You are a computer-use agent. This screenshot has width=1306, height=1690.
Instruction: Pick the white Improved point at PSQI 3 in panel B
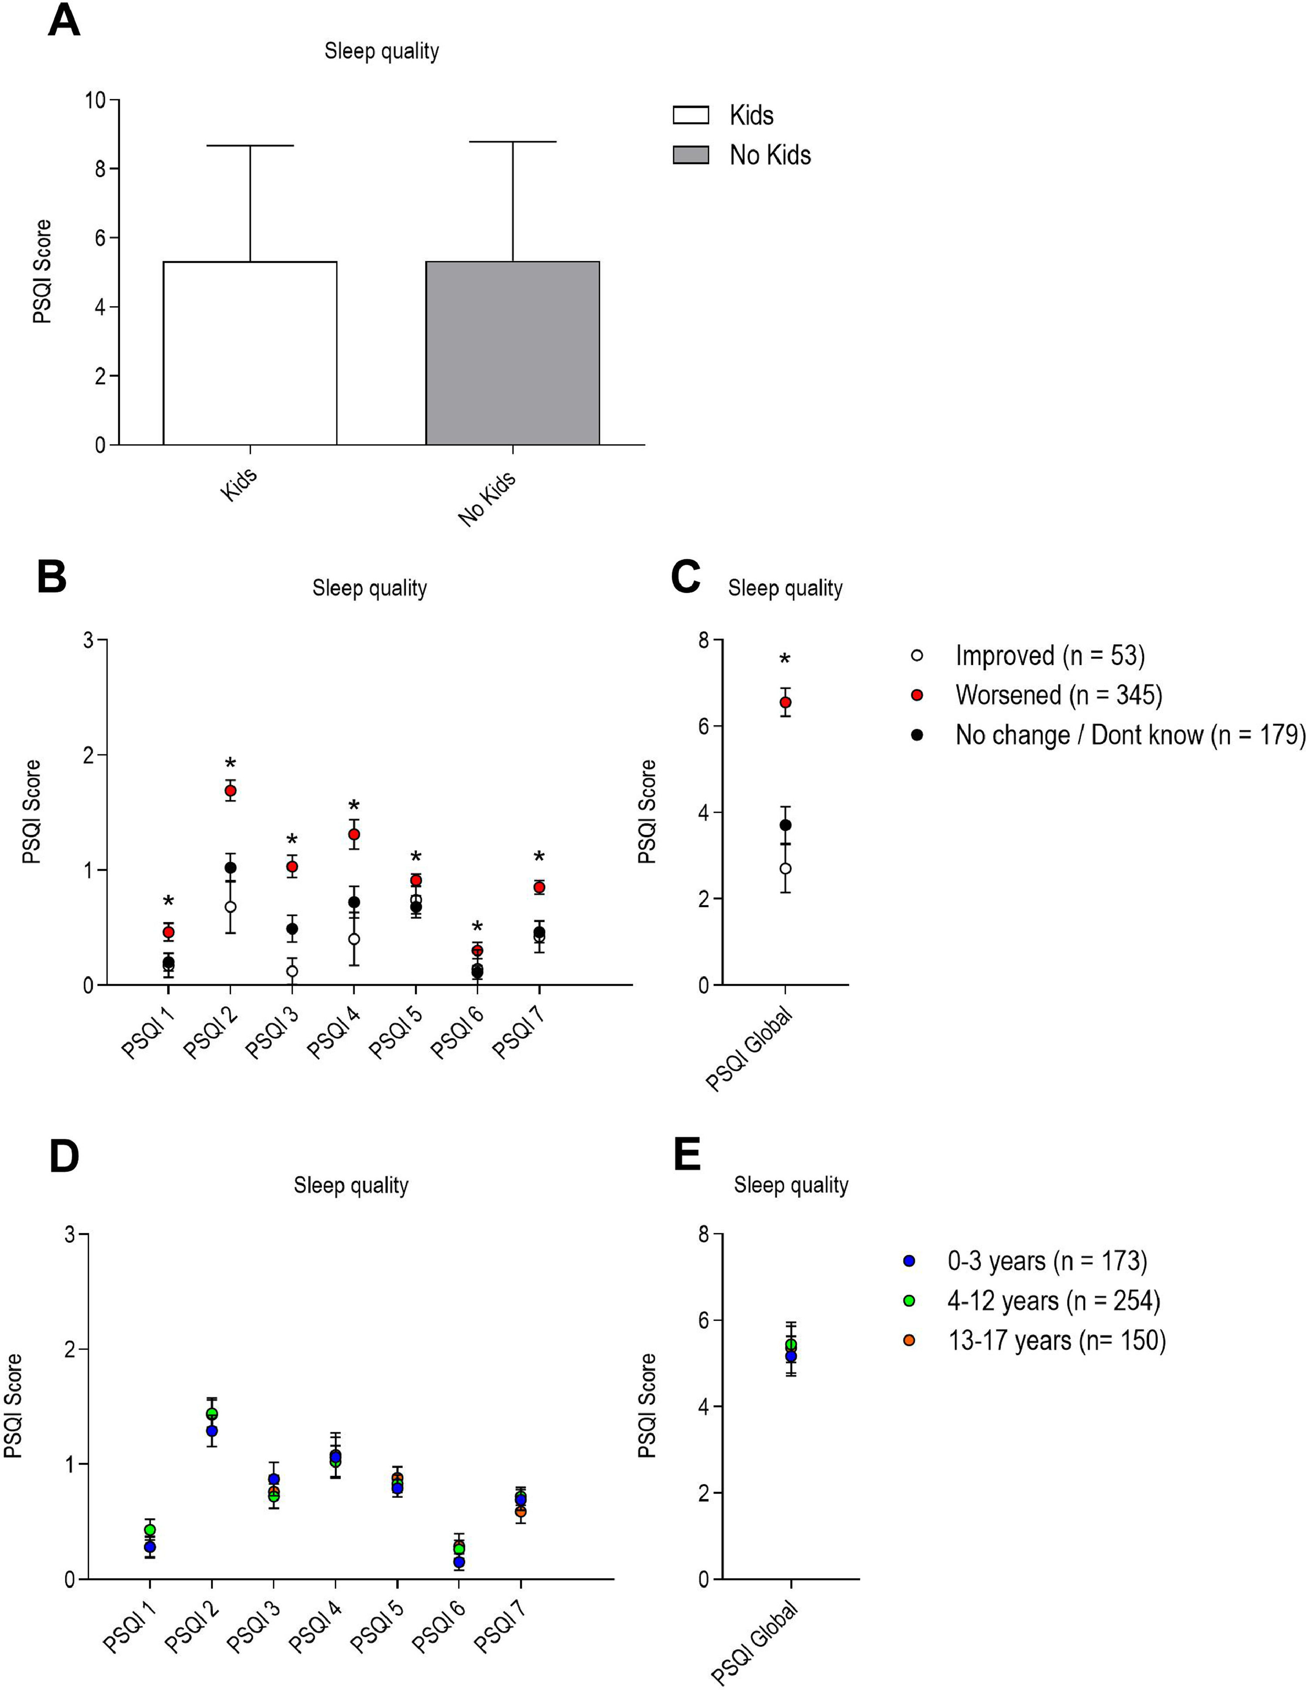click(x=292, y=972)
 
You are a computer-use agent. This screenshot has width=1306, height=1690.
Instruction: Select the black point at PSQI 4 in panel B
click(x=353, y=902)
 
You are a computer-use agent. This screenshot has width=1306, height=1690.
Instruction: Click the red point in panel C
click(x=785, y=703)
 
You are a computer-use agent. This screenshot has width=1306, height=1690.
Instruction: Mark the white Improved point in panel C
click(x=785, y=869)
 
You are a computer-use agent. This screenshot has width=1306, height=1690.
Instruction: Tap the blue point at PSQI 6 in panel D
click(x=459, y=1562)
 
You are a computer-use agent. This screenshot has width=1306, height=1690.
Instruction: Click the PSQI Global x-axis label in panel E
click(x=754, y=1643)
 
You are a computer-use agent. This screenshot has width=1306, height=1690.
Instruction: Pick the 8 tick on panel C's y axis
click(x=704, y=641)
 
